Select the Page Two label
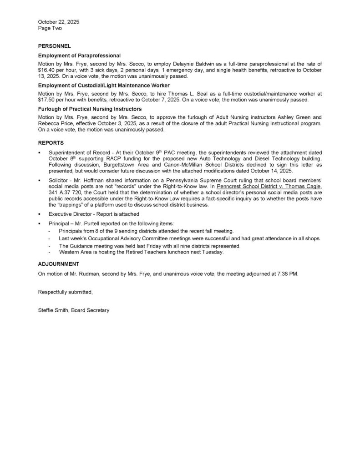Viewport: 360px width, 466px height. coord(50,28)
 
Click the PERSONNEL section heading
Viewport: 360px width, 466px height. coord(54,46)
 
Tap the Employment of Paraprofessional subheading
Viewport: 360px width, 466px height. coord(79,56)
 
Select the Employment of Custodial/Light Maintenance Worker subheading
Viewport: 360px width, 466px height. coord(104,86)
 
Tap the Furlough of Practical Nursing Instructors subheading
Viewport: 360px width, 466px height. coord(90,109)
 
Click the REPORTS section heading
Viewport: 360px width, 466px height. coord(51,142)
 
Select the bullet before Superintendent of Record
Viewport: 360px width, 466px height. coord(40,152)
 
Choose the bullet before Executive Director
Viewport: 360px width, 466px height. coord(40,214)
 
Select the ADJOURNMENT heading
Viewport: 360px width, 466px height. coord(59,264)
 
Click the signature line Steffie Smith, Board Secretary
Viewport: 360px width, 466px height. coord(74,310)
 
